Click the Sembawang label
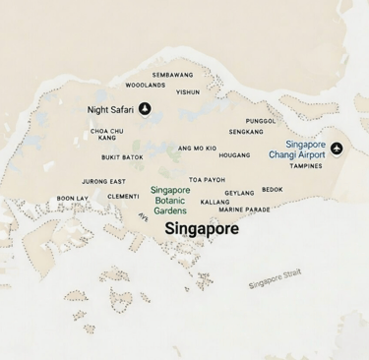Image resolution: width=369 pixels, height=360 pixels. tap(172, 75)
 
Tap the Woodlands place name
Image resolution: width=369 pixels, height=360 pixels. tap(145, 86)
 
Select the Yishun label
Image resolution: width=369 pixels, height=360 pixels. tap(188, 92)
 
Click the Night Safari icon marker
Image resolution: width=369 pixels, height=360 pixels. tap(146, 109)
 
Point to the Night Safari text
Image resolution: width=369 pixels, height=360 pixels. tap(110, 110)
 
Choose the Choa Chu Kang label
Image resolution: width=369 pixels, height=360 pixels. tap(107, 134)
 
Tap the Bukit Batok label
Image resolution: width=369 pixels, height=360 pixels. tap(122, 157)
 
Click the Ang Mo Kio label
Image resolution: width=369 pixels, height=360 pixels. tap(198, 148)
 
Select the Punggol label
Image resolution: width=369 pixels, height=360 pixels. tap(261, 121)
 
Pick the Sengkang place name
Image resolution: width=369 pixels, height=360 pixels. tap(246, 132)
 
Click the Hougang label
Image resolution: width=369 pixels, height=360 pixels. tap(234, 154)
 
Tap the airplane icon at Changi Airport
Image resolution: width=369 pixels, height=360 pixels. tap(338, 149)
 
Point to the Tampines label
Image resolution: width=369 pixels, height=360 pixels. tap(306, 166)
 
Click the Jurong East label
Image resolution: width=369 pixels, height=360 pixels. tap(103, 182)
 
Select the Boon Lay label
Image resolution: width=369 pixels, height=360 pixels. tap(72, 198)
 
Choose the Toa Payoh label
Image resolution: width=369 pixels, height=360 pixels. tap(208, 180)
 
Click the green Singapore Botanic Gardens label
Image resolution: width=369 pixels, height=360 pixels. tap(170, 200)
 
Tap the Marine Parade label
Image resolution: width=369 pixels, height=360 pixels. tap(244, 210)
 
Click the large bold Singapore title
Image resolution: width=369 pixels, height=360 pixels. tap(201, 228)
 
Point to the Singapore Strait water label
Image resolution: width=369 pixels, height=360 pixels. tap(275, 281)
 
